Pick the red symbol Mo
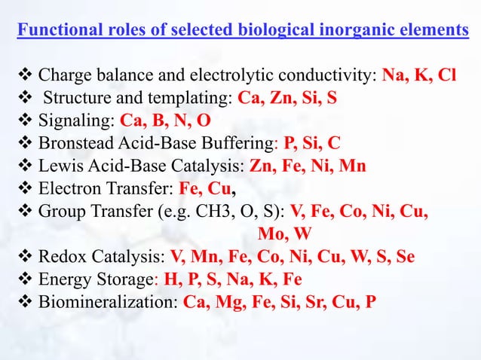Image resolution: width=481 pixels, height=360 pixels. pos(270,231)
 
